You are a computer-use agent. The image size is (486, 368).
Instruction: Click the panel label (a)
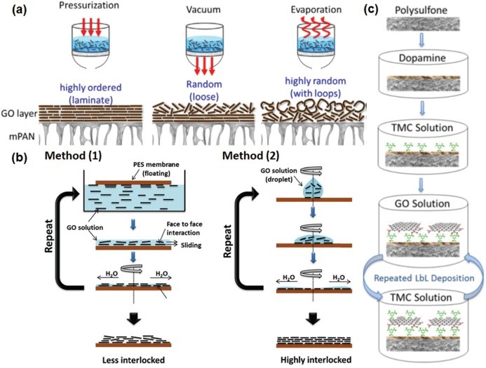14,9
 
